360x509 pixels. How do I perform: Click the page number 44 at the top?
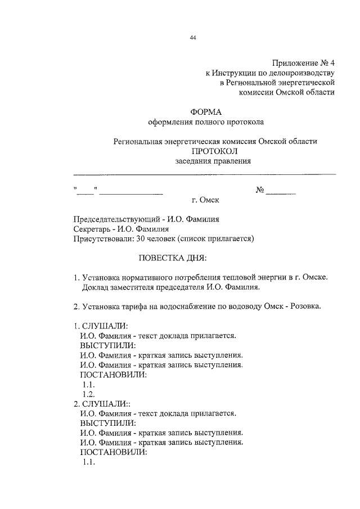coord(193,38)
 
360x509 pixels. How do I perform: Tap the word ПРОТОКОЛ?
coord(214,151)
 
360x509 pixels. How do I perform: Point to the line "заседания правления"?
coord(213,161)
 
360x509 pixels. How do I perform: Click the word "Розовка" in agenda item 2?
coord(307,307)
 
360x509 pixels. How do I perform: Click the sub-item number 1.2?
coord(88,394)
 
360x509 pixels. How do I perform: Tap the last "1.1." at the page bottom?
coord(88,462)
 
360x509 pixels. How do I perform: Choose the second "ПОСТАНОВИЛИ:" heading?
coord(113,452)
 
